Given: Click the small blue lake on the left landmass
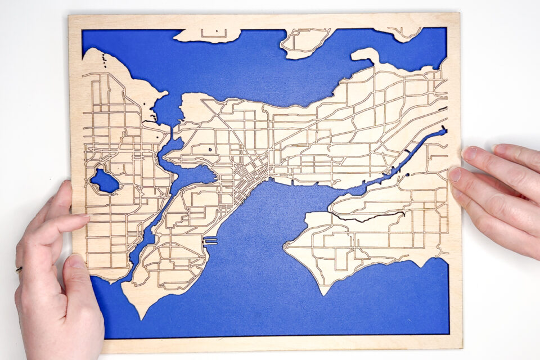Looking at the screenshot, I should coord(105,181).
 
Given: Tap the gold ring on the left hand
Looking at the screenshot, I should coord(19,269).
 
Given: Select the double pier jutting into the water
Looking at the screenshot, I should coord(210,241).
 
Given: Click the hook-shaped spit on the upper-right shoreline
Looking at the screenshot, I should coord(364,55).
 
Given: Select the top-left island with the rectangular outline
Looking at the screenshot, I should coord(208,35).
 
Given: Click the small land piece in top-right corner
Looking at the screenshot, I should coord(406,34).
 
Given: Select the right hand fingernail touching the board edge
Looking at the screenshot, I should coord(454,174).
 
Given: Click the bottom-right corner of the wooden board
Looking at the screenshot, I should coord(461,346).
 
